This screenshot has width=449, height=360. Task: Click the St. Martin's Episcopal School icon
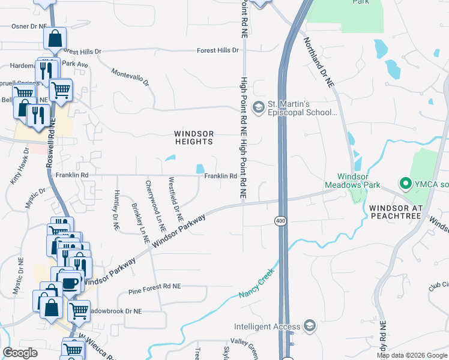[x=259, y=107]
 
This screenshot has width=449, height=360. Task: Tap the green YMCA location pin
[x=405, y=183]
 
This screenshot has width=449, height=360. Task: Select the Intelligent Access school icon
[x=310, y=326]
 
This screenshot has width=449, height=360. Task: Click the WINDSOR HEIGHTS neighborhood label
[x=193, y=137]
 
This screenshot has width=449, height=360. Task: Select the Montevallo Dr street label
[x=130, y=77]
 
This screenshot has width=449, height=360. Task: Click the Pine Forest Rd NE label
[x=154, y=292]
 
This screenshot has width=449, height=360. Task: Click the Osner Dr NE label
[x=29, y=26]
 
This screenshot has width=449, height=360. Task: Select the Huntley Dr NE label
[x=116, y=211]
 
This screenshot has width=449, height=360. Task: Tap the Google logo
[x=20, y=353]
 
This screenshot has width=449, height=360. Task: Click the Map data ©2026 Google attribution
[x=411, y=355]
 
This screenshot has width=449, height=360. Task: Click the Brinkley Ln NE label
[x=141, y=222]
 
